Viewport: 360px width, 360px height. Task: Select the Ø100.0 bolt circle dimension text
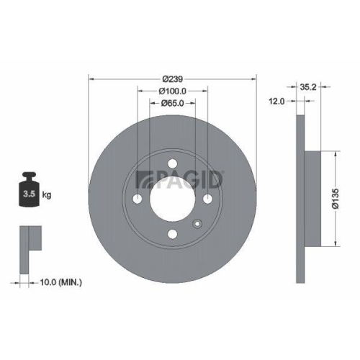[x=172, y=91]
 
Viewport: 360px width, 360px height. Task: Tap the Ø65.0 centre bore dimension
[x=172, y=103]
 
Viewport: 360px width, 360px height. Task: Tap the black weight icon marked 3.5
[x=30, y=191]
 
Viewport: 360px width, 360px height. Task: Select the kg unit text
[x=47, y=195]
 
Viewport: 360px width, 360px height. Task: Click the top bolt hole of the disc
[x=172, y=163]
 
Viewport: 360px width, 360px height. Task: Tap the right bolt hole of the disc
[x=207, y=199]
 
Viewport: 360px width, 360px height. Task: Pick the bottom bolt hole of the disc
[x=172, y=234]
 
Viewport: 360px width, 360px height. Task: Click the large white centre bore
[x=172, y=199]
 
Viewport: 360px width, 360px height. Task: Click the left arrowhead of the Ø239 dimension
[x=91, y=78]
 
